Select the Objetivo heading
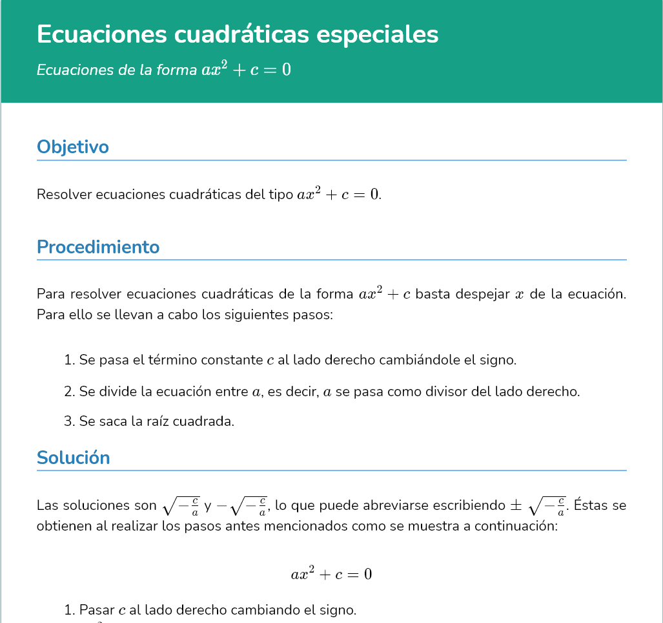click(73, 147)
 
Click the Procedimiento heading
click(98, 247)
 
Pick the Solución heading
click(74, 458)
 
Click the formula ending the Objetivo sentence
click(338, 193)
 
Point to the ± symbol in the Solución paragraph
click(515, 505)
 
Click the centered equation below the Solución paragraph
click(331, 573)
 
